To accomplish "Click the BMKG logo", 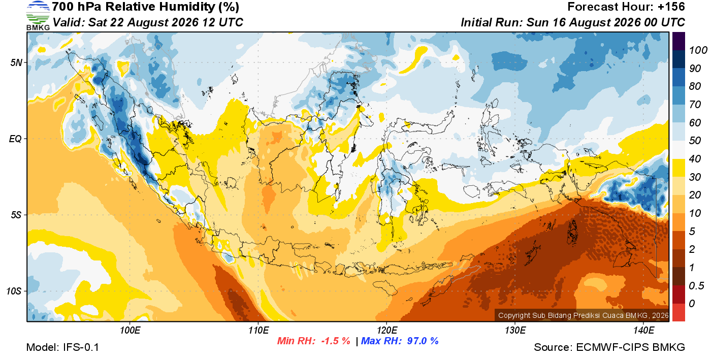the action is pos(38,16).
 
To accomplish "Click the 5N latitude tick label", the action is pos(16,62).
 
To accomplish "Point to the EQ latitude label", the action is pos(15,139).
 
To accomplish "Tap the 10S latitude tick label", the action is pos(14,291).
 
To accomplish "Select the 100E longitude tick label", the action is pos(130,330).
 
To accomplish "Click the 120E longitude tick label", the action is pos(387,330).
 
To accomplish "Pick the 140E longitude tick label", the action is pos(643,330).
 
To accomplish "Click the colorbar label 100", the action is pos(698,50).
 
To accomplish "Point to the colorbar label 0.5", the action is pos(696,286).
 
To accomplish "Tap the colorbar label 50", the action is pos(695,141).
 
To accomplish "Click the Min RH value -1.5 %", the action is pos(336,341).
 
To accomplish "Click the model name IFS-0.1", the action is pos(81,347).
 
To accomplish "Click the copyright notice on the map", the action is pos(584,315).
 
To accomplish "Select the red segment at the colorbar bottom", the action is pos(678,312).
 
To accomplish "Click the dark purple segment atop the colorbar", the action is pos(678,41).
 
